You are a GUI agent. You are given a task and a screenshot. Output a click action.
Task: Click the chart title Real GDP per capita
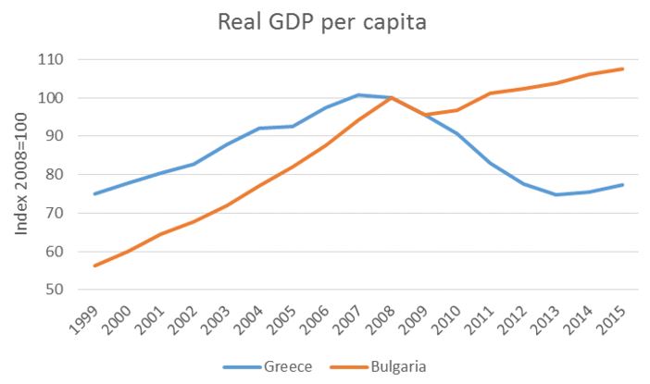pyautogui.click(x=321, y=22)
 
